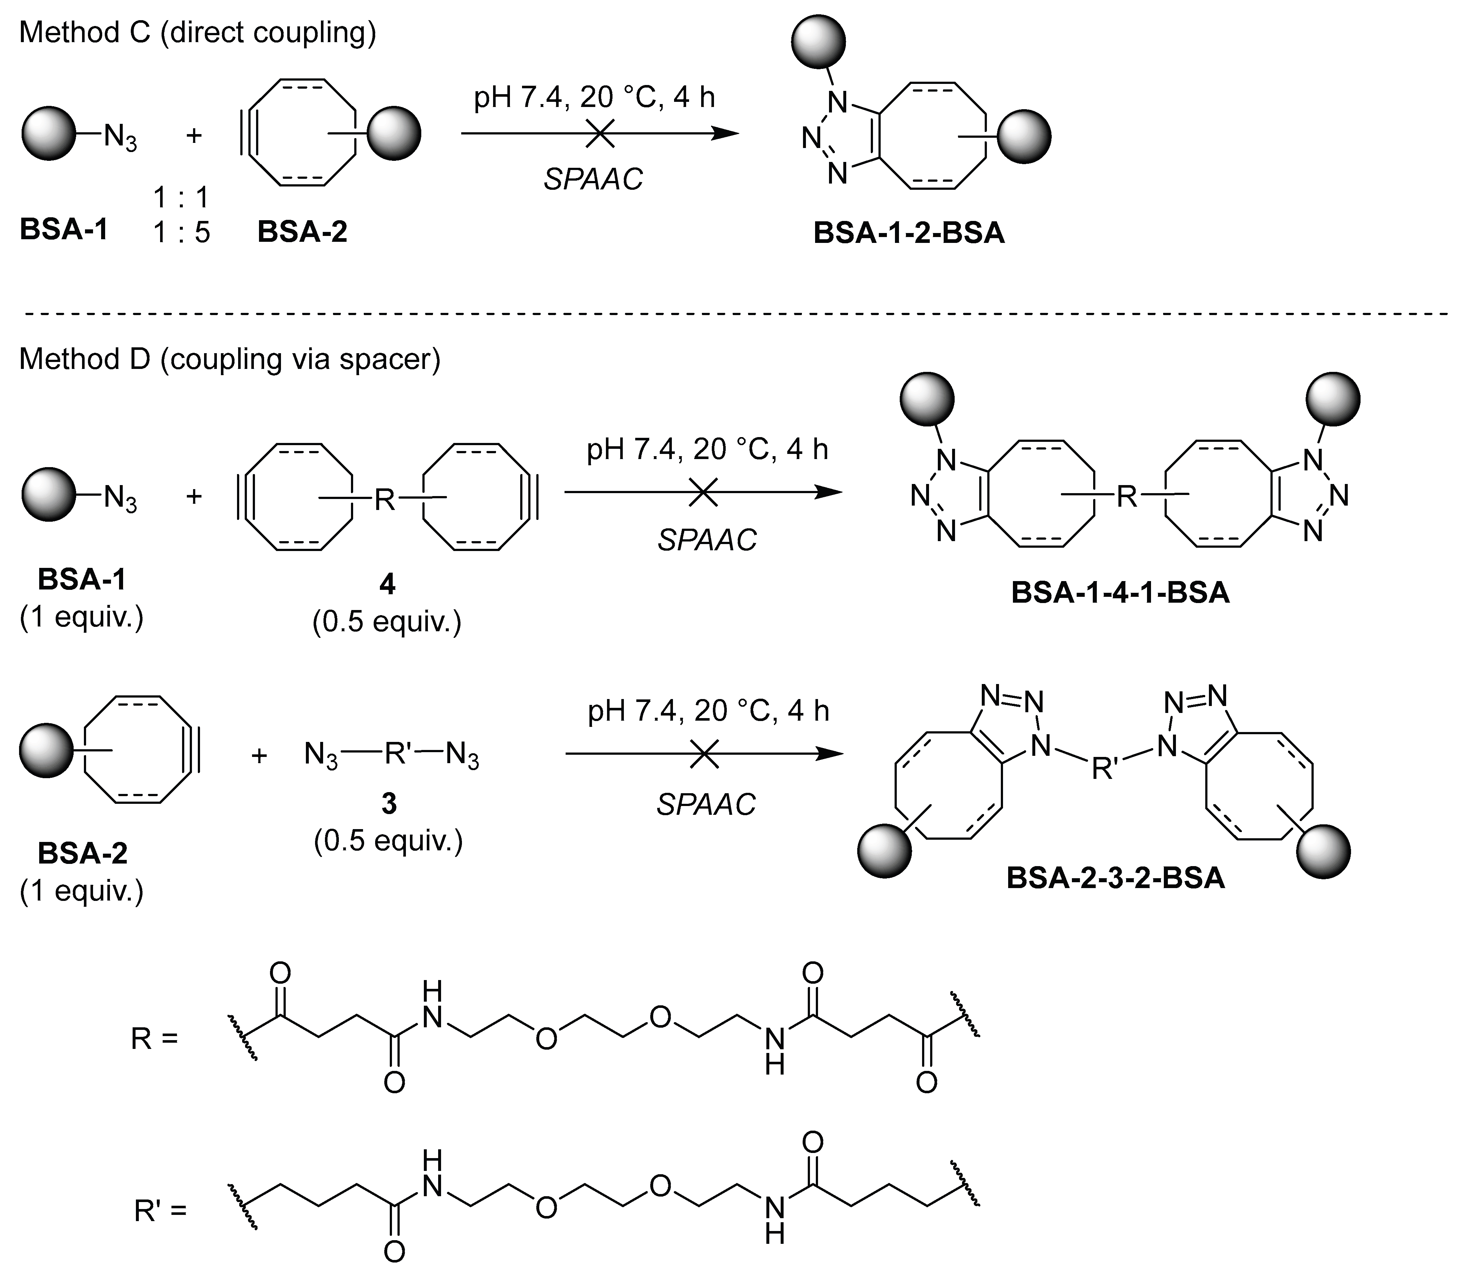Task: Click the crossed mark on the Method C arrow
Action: click(600, 133)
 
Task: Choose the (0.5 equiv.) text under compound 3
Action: click(388, 842)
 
